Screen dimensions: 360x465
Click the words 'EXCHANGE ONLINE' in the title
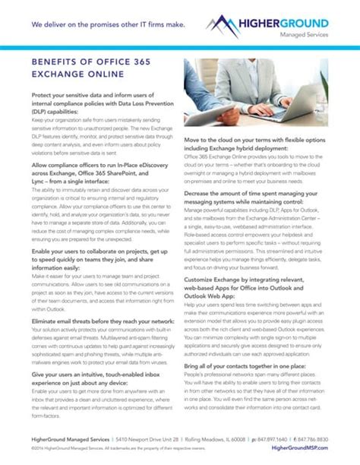pyautogui.click(x=81, y=77)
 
